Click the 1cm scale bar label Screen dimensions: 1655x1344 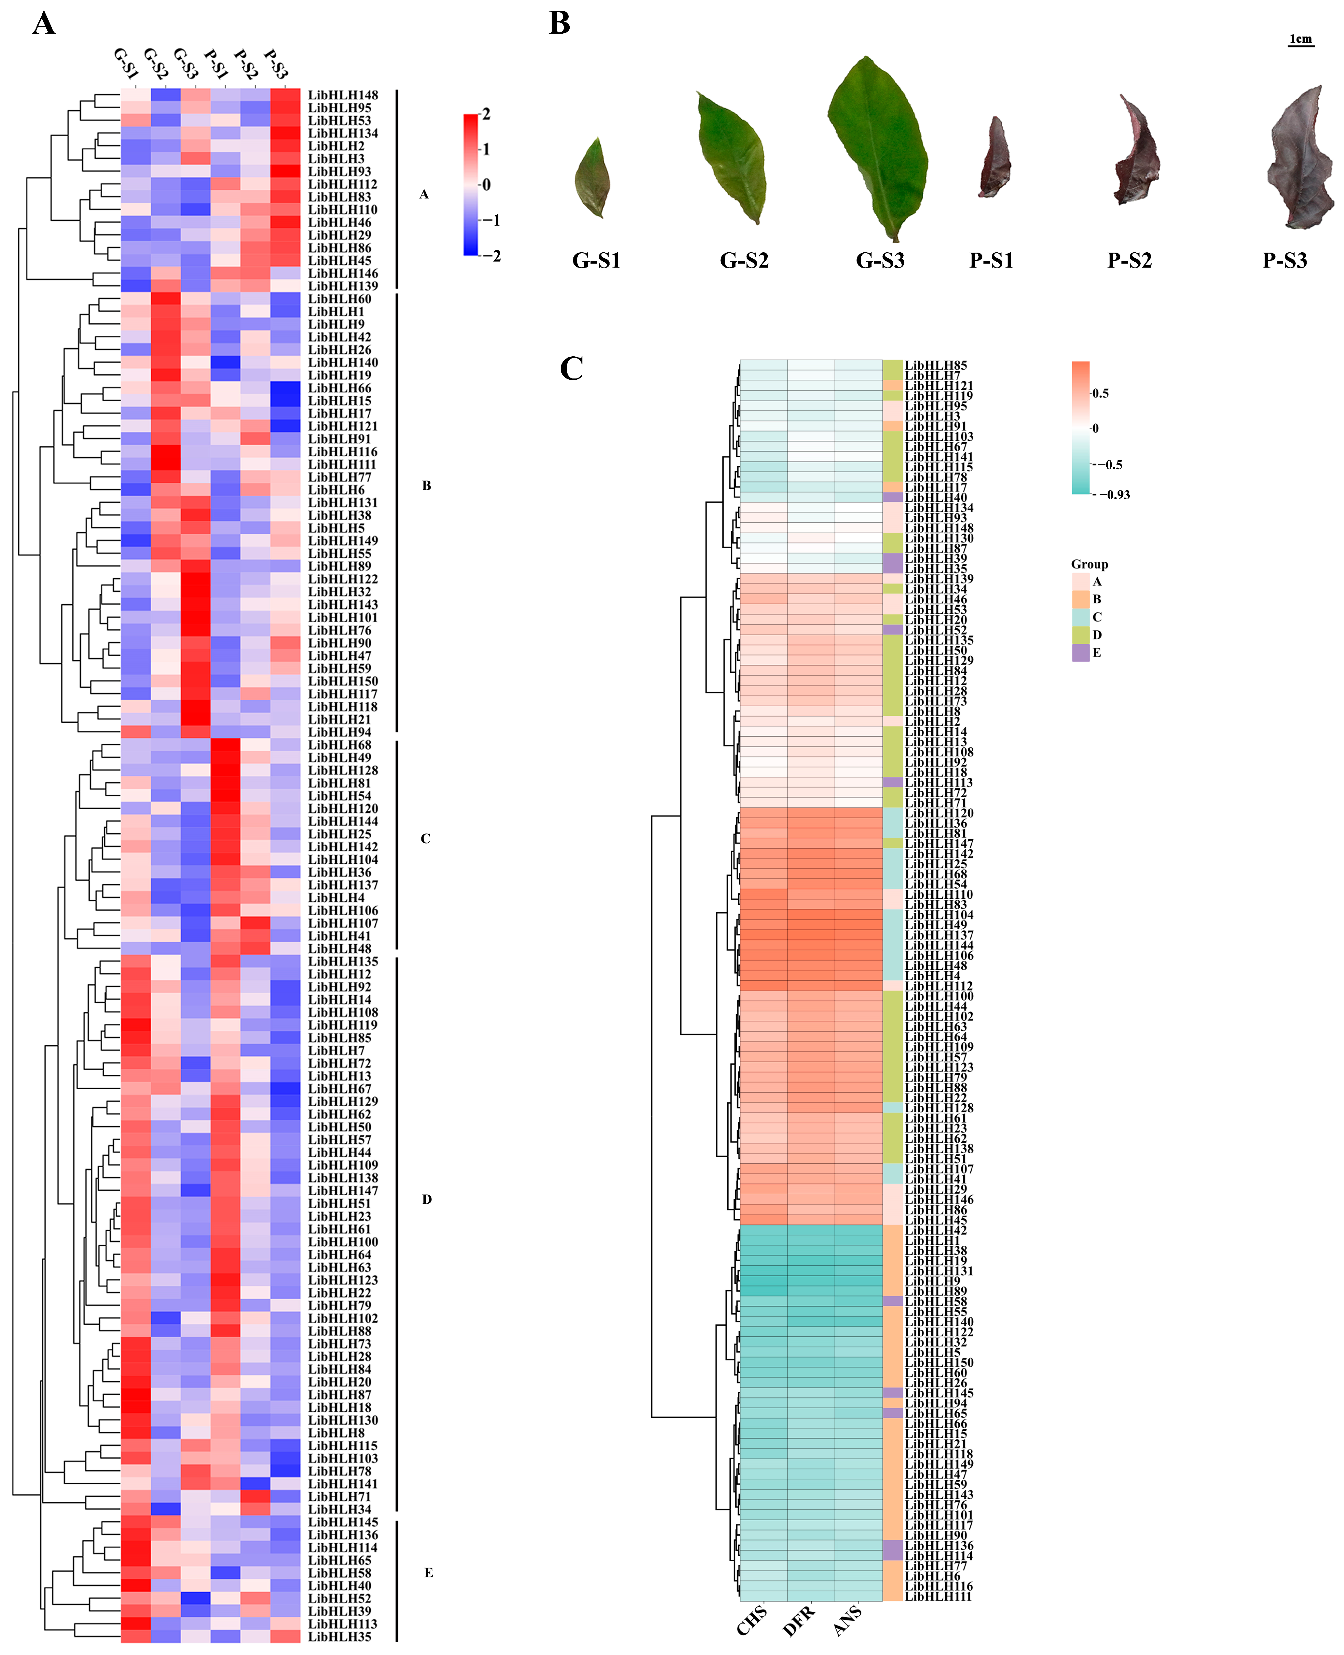click(x=1301, y=39)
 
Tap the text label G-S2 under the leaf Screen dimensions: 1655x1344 click(x=744, y=261)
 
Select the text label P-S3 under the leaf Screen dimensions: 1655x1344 click(x=1285, y=261)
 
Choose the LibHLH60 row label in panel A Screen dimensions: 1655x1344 click(x=340, y=299)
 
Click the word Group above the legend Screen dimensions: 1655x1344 click(x=1089, y=564)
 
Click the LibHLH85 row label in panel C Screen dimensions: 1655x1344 click(x=936, y=365)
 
